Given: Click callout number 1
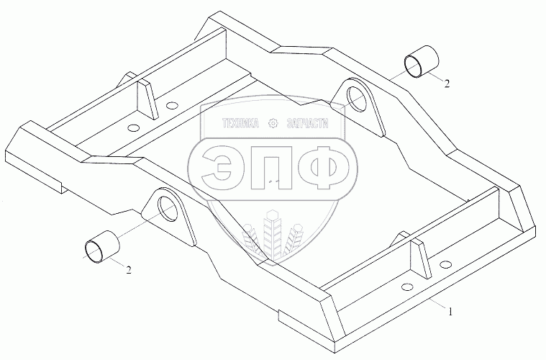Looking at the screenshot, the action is coord(450,312).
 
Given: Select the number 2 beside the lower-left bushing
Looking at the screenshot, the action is coord(129,270).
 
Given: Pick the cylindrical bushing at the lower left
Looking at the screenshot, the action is coord(100,246).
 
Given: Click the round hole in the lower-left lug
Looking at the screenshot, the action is coord(167,207).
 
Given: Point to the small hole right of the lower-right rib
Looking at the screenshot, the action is coord(445,265).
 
